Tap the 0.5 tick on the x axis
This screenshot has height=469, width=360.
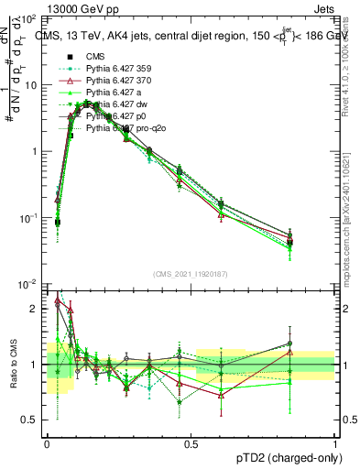coord(191,442)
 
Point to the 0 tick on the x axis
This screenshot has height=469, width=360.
coord(46,442)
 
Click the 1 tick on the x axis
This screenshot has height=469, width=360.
coord(335,442)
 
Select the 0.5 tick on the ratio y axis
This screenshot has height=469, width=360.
coord(32,420)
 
